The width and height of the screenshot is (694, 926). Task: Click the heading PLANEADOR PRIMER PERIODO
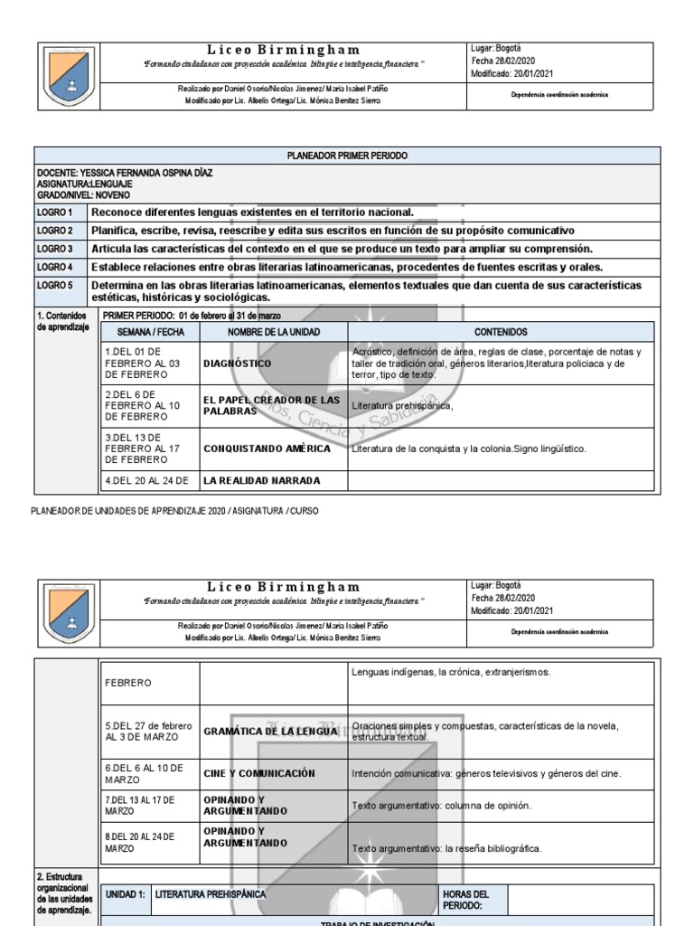click(347, 156)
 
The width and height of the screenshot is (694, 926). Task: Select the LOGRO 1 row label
click(55, 212)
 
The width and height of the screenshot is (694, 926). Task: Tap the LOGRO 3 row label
click(55, 249)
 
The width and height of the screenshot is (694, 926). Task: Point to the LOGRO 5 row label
click(55, 286)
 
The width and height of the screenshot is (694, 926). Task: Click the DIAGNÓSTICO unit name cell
click(238, 364)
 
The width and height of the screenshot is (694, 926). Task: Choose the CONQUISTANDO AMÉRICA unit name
click(267, 449)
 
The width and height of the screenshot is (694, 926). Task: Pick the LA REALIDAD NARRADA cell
click(261, 481)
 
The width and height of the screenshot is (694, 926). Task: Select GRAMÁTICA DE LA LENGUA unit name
click(270, 731)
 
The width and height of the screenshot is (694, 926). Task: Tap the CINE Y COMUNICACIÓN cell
click(258, 773)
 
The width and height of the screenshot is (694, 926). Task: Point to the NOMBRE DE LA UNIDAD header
click(273, 333)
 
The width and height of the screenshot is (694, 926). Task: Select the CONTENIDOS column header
click(500, 333)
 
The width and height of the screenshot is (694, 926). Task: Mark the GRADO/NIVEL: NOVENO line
click(83, 194)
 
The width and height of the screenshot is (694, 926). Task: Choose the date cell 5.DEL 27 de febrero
click(148, 731)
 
